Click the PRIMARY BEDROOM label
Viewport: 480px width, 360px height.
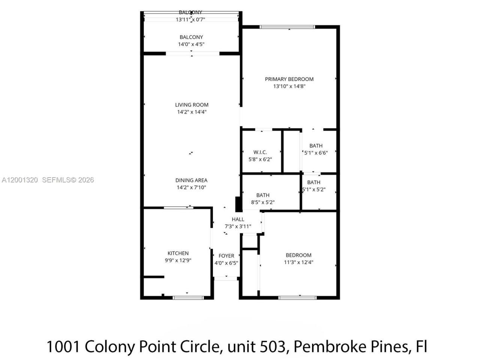click(x=289, y=79)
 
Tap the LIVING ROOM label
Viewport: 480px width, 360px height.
click(x=192, y=105)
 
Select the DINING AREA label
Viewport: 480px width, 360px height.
click(x=191, y=180)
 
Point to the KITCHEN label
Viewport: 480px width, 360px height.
click(x=178, y=253)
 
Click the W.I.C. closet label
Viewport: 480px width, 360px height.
click(x=260, y=152)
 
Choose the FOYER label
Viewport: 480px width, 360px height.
click(x=226, y=256)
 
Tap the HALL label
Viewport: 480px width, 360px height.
click(x=238, y=219)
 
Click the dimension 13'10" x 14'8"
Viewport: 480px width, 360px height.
click(x=289, y=86)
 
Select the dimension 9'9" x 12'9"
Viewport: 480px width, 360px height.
click(x=178, y=261)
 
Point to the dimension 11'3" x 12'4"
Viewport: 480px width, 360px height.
click(x=298, y=262)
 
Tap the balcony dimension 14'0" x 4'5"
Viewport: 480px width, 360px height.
click(x=191, y=44)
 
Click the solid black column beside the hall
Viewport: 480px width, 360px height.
click(x=238, y=204)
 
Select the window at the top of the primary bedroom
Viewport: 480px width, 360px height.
click(x=288, y=27)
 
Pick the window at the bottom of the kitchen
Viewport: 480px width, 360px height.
click(x=188, y=298)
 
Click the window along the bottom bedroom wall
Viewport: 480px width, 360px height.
click(x=297, y=298)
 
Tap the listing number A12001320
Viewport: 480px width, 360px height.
click(x=20, y=180)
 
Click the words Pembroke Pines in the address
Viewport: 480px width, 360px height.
click(x=351, y=346)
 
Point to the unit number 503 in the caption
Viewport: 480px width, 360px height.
click(x=272, y=346)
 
